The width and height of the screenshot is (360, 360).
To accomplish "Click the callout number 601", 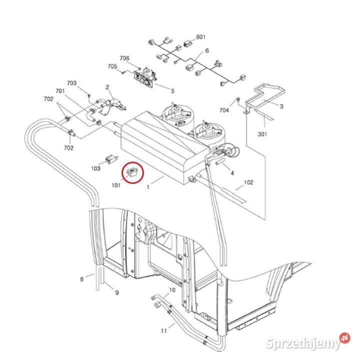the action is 201,37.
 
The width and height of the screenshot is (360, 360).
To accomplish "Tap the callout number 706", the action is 125,58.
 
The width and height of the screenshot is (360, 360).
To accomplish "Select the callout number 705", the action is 112,66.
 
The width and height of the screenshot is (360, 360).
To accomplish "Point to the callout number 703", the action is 72,83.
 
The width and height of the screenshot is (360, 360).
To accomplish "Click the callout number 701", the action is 60,91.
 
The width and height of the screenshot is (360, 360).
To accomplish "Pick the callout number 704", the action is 224,110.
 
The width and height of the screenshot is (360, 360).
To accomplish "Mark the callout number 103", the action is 96,168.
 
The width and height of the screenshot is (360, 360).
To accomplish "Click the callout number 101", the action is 116,185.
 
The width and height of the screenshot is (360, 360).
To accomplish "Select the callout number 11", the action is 163,330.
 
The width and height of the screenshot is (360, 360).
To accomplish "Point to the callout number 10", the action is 171,290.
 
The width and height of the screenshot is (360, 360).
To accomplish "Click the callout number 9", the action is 116,292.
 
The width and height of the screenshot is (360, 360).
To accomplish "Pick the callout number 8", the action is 82,279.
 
